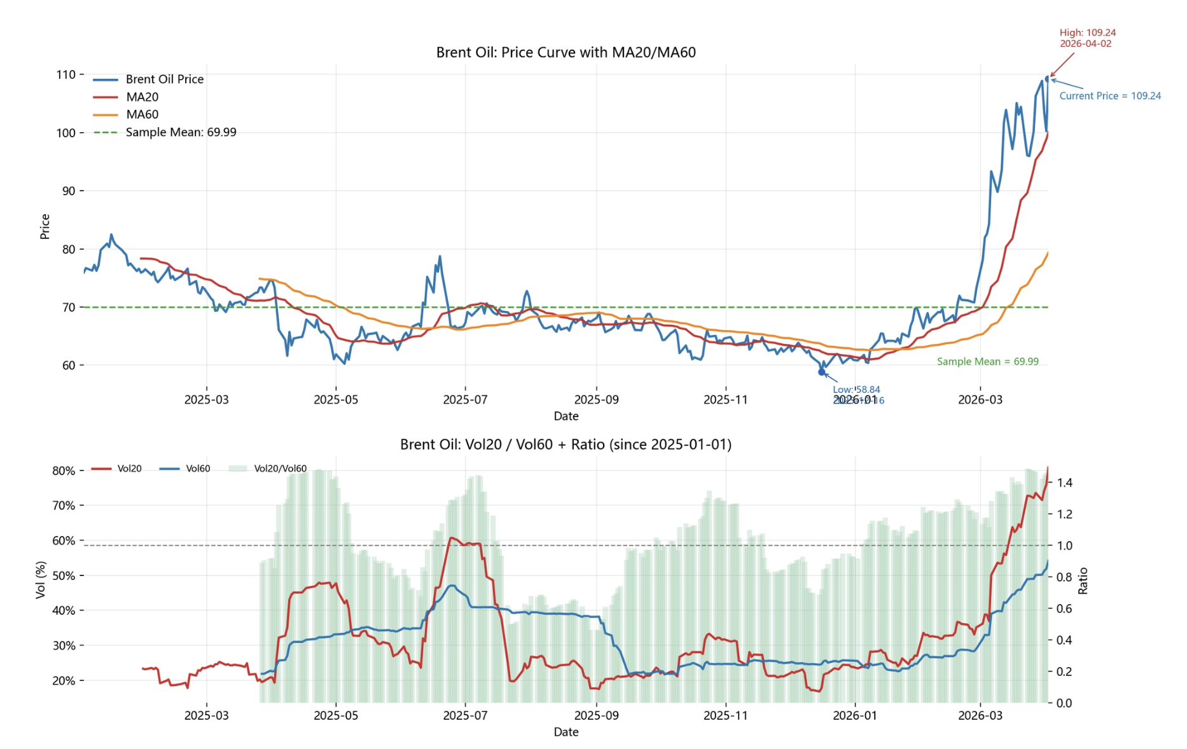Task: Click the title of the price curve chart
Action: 566,52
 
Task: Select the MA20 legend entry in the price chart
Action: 142,97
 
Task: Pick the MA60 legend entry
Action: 142,114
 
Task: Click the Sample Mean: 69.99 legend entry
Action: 181,132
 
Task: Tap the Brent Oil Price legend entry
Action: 164,79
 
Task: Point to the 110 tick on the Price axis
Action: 66,74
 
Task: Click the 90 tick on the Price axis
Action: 68,191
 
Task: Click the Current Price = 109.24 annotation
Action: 1109,96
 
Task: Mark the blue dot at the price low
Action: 821,372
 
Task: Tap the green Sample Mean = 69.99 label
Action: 987,362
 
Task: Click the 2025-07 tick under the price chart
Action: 465,400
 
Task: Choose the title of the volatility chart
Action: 566,444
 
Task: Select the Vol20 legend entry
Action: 129,469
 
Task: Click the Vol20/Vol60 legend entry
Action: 280,469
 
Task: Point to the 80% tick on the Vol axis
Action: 64,471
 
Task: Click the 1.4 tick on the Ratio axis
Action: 1065,483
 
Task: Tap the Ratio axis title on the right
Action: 1083,581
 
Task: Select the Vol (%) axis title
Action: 41,579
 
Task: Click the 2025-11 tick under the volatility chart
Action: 725,716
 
